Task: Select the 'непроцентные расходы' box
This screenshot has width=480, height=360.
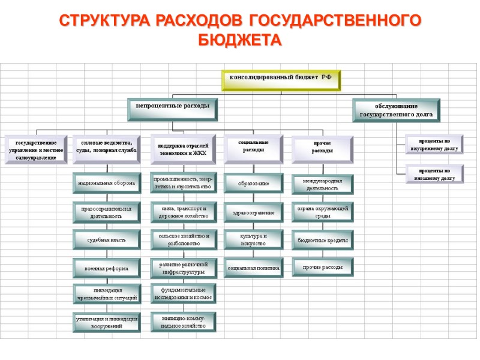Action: pos(172,107)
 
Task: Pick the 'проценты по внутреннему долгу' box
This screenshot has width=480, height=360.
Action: pos(434,144)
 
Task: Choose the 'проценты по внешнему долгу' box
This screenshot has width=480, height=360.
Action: pos(434,174)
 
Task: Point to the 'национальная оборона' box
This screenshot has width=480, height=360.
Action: pos(106,182)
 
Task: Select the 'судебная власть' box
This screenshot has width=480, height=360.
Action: pos(106,240)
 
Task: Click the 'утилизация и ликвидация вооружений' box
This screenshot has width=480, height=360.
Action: pos(106,323)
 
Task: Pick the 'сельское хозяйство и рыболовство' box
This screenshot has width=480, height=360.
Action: pos(183,240)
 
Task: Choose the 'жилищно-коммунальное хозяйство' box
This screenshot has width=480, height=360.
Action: pos(183,322)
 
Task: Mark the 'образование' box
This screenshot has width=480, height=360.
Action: pos(253,182)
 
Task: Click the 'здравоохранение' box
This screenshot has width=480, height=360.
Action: pos(253,212)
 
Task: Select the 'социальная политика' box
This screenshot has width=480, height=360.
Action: pos(253,268)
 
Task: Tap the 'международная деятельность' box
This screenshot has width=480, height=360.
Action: pos(323,184)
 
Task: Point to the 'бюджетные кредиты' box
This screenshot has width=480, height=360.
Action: pos(323,241)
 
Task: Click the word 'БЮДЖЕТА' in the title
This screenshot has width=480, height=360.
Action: pos(240,40)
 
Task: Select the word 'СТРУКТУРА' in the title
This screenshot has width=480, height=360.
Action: pos(102,20)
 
